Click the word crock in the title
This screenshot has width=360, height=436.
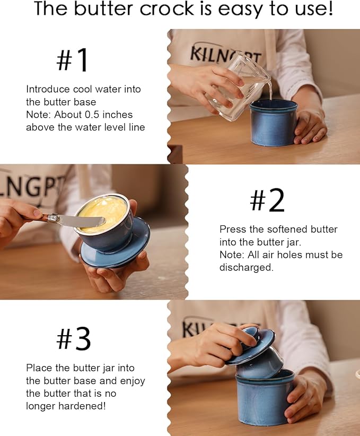click(x=166, y=9)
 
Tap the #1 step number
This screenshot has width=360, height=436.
click(x=72, y=60)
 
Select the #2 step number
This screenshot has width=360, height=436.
click(x=267, y=200)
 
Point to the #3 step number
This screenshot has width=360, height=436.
click(x=73, y=338)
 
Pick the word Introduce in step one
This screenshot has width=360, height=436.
click(x=48, y=89)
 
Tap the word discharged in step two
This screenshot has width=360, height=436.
click(x=247, y=267)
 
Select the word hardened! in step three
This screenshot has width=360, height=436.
click(x=82, y=406)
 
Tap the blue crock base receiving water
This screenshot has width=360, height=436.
click(x=273, y=123)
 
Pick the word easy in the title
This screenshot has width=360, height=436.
click(x=240, y=10)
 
